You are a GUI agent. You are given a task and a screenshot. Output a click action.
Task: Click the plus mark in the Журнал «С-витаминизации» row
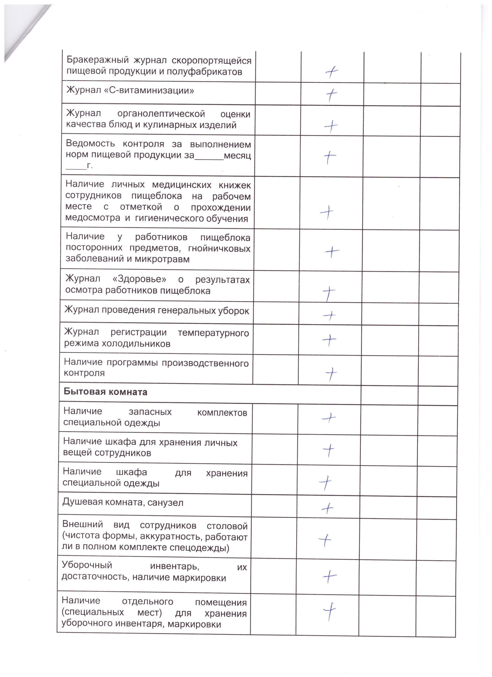pyautogui.click(x=331, y=95)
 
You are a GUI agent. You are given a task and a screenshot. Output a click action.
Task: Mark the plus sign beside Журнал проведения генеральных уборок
pyautogui.click(x=329, y=315)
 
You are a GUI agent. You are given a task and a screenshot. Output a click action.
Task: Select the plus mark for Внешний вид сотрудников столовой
pyautogui.click(x=325, y=539)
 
